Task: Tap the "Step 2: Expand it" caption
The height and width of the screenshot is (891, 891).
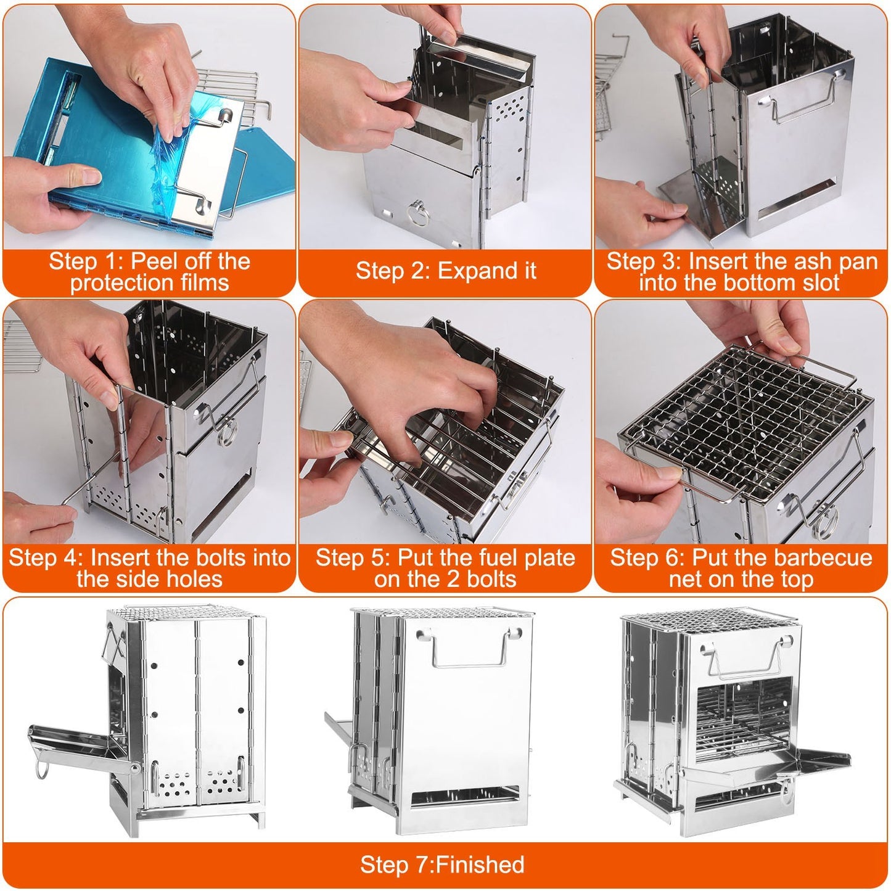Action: pos(445,271)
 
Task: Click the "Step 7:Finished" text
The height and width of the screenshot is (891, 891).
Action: pos(442,864)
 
